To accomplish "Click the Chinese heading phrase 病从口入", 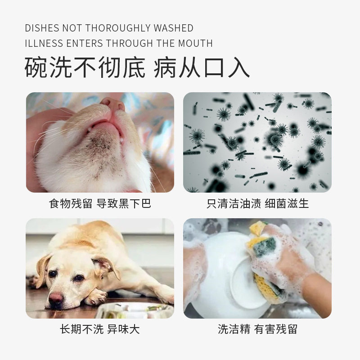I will tap(202, 67).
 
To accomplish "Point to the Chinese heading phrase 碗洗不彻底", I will tap(85, 67).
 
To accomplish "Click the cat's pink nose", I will tap(112, 104).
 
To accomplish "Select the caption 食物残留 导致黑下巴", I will tap(100, 203).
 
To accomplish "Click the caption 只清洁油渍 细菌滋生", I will tap(257, 203).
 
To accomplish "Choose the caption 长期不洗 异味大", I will tap(100, 329).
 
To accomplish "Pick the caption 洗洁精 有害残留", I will tap(257, 329).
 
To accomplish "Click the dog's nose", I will tap(56, 298).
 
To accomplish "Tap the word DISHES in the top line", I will tap(42, 28).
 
